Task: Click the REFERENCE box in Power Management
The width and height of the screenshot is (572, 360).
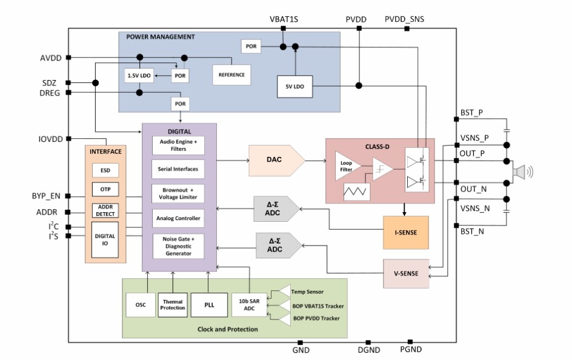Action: click(231, 75)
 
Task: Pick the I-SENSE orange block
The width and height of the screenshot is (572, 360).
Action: click(405, 232)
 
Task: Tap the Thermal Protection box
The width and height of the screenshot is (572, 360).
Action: click(173, 304)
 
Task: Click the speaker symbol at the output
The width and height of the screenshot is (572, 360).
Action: click(519, 172)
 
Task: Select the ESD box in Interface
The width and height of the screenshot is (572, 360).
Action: click(105, 171)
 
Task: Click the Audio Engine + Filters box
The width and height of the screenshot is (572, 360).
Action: click(178, 145)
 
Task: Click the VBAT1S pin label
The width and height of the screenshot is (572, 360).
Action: click(284, 19)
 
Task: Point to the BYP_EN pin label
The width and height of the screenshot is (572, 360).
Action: click(46, 196)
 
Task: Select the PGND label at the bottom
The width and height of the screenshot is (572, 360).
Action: click(410, 350)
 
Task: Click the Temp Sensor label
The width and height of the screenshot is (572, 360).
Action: click(307, 292)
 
